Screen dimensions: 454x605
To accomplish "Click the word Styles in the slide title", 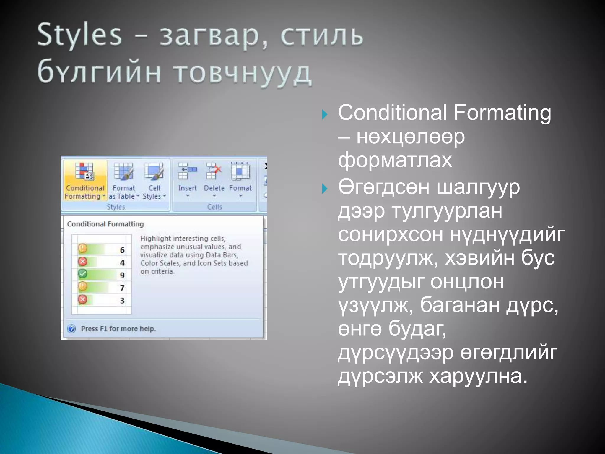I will [x=79, y=35].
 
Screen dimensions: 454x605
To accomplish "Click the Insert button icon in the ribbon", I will [x=187, y=171].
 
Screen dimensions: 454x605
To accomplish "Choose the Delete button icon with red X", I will [x=214, y=171].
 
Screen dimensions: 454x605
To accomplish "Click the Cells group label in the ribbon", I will [x=214, y=207].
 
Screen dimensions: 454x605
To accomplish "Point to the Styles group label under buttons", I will [x=116, y=207].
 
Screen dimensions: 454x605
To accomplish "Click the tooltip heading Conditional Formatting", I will [x=105, y=224].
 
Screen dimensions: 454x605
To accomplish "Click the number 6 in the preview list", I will [x=122, y=250].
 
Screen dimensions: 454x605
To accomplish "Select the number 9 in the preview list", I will [x=122, y=275].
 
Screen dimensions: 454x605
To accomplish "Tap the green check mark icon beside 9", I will [x=82, y=274].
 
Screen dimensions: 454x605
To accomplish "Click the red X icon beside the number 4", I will [x=82, y=262].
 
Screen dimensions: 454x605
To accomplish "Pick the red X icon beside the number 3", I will [x=82, y=299].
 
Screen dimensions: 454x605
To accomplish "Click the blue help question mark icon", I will [x=71, y=329].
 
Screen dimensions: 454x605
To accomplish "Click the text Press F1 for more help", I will [x=118, y=329].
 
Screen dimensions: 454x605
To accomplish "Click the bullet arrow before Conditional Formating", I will [x=325, y=114].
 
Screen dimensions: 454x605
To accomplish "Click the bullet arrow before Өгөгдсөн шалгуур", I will [x=325, y=188].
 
